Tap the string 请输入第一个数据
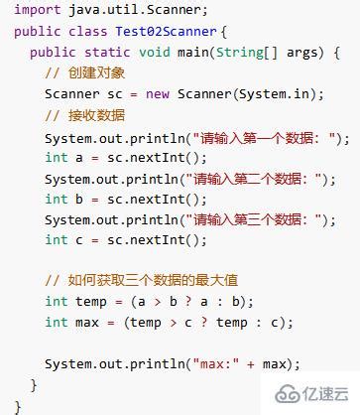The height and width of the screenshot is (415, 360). [267, 137]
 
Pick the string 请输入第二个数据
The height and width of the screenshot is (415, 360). [267, 179]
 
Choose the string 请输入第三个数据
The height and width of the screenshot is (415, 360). [267, 219]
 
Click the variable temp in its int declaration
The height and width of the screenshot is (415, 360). [92, 301]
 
